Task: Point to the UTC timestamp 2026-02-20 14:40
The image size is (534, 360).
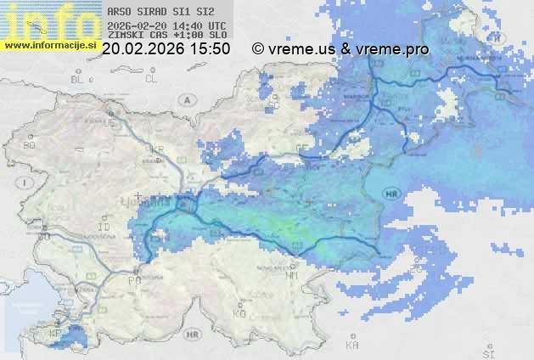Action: coord(167,25)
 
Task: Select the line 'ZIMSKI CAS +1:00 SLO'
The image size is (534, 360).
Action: coord(167,36)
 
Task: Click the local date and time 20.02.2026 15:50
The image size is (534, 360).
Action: coord(166,49)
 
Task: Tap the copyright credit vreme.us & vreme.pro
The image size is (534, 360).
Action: coord(340,49)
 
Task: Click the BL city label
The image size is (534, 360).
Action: coord(78,79)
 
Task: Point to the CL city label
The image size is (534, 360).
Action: coord(152,79)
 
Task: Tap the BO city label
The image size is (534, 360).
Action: coord(29,146)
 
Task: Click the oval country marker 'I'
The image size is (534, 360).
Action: coord(26,183)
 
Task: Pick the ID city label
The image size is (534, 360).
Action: coord(104,228)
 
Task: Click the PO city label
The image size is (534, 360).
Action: coord(133,279)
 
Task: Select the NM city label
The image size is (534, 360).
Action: coord(292,275)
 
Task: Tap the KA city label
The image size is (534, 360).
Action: coord(351,345)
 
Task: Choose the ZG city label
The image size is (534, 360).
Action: coord(415,270)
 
